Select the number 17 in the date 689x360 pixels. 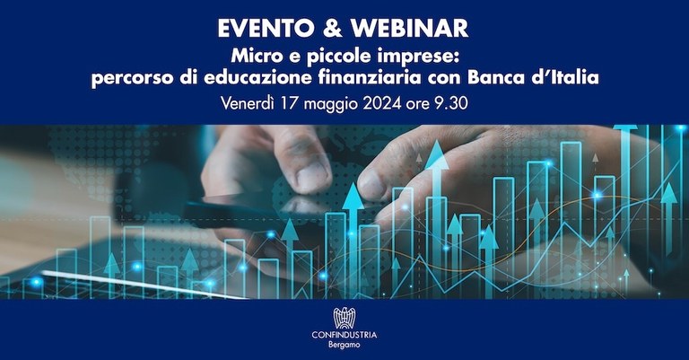(292, 103)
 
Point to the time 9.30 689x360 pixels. (453, 103)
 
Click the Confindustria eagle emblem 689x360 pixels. (344, 317)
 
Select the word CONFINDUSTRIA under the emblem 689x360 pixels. (344, 336)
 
